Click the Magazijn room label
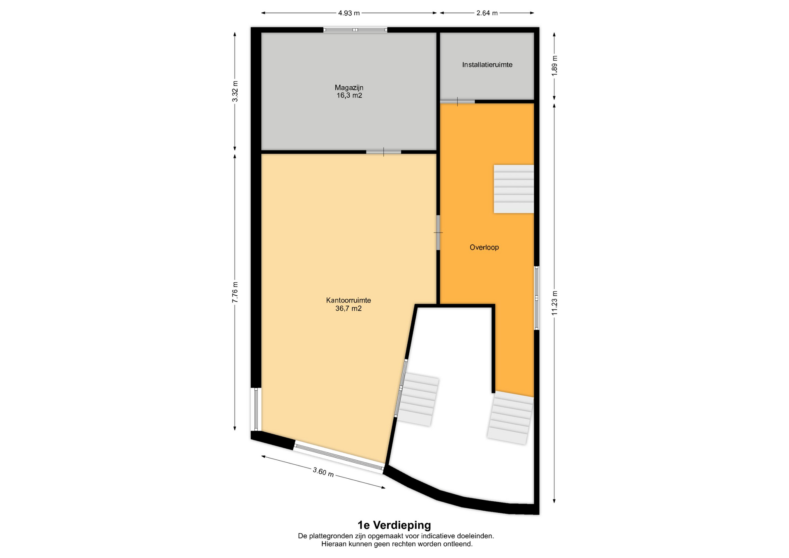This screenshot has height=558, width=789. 349,88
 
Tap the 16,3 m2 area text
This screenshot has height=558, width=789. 349,95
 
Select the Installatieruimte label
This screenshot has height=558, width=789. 487,65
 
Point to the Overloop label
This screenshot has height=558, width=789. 484,247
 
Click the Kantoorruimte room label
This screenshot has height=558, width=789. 348,300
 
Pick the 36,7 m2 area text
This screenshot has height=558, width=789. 348,309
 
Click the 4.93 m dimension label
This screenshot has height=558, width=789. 349,13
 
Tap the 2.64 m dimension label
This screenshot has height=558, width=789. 487,13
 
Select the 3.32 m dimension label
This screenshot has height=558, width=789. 235,91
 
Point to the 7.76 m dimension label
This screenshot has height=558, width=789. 235,293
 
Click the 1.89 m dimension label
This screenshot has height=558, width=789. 554,65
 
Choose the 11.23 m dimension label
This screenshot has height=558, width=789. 554,303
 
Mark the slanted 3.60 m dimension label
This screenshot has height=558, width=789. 323,472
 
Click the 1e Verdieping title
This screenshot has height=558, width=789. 394,525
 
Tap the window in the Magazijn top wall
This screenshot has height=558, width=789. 355,30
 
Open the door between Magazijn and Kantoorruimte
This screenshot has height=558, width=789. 383,152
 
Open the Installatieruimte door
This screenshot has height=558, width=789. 457,101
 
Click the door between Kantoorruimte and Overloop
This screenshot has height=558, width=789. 438,233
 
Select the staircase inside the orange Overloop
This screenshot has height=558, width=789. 514,189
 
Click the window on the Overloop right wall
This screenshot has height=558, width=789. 537,298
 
